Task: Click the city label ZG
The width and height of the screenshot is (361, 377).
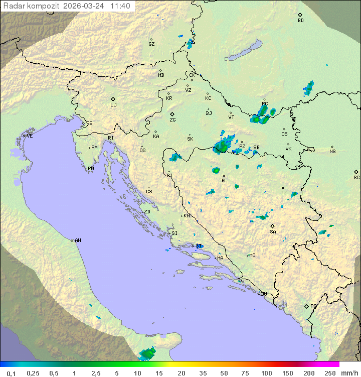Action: (x=172, y=120)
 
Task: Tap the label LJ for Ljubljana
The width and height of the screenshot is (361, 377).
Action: (x=113, y=105)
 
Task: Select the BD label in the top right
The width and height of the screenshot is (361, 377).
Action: (x=300, y=21)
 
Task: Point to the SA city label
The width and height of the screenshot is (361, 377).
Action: (x=273, y=232)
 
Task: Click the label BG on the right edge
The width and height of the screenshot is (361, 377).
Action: (x=356, y=178)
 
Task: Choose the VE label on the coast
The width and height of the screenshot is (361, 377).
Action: (x=30, y=136)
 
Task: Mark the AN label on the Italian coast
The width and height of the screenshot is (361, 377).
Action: (x=78, y=240)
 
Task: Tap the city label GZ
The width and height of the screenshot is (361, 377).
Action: (x=151, y=44)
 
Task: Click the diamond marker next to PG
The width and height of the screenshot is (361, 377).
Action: (x=307, y=306)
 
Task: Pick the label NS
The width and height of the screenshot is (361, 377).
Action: (x=332, y=152)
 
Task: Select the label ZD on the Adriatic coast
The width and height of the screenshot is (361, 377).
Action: (x=147, y=212)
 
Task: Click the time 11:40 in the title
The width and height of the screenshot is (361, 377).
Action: (x=120, y=6)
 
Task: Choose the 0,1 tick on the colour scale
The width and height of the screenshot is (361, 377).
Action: (x=11, y=373)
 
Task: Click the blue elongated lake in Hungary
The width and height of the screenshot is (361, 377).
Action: (x=243, y=51)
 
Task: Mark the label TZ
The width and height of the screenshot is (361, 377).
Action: (x=284, y=193)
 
